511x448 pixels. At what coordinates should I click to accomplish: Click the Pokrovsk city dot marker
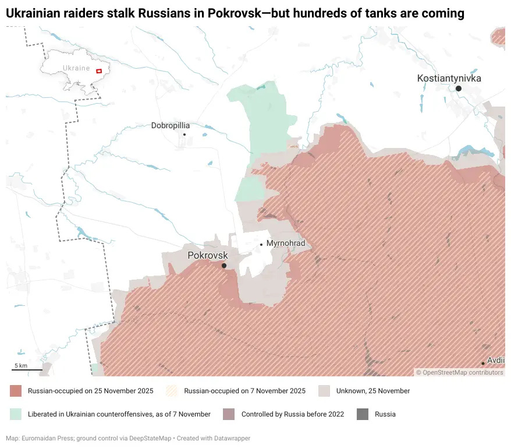[224, 266]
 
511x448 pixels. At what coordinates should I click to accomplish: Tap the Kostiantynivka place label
[449, 78]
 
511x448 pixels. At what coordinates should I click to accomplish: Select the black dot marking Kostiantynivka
[459, 89]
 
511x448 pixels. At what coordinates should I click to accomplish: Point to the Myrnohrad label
[285, 244]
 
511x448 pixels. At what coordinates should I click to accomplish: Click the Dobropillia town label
[171, 125]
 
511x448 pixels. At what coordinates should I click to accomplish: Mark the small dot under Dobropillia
[184, 135]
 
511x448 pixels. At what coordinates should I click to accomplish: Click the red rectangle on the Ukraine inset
[99, 70]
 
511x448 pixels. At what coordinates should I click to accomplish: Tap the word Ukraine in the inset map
[76, 68]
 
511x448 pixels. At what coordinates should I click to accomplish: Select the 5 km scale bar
[27, 369]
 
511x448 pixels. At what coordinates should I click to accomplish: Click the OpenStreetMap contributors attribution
[459, 372]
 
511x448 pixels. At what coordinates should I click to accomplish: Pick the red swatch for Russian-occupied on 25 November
[16, 391]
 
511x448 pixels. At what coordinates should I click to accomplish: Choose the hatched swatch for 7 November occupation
[172, 391]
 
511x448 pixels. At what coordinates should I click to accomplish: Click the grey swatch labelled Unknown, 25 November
[325, 391]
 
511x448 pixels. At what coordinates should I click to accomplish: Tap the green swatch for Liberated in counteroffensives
[16, 414]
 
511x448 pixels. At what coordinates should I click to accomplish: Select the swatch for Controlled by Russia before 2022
[229, 414]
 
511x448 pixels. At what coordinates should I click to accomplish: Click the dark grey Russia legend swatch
[363, 414]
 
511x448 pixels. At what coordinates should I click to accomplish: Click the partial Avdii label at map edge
[495, 361]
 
